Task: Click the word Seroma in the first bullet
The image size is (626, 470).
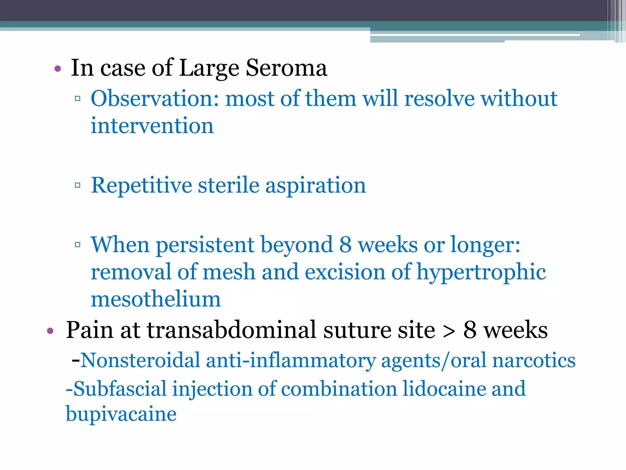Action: pyautogui.click(x=286, y=68)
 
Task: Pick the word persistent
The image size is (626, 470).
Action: pyautogui.click(x=205, y=245)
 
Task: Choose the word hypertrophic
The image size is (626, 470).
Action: pyautogui.click(x=481, y=272)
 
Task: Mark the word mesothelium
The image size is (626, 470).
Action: pyautogui.click(x=156, y=299)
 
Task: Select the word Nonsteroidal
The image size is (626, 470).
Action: pyautogui.click(x=140, y=360)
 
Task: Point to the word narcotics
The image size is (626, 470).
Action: pyautogui.click(x=534, y=360)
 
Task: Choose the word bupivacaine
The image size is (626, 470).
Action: pyautogui.click(x=121, y=414)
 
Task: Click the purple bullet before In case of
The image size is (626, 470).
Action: pyautogui.click(x=57, y=69)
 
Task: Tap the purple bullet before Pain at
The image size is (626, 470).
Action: pyautogui.click(x=50, y=331)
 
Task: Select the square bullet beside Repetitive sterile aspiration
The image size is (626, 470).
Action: pyautogui.click(x=78, y=185)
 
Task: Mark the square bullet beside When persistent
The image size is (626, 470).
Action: pyautogui.click(x=78, y=244)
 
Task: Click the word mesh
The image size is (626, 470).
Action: pyautogui.click(x=229, y=272)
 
